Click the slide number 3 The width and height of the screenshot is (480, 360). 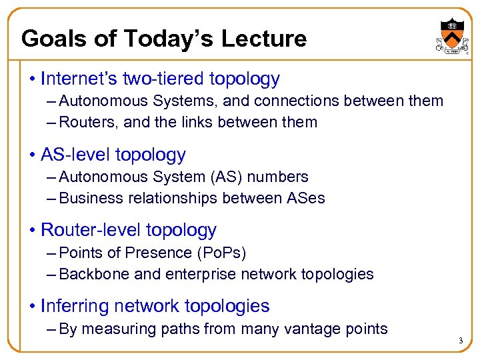tap(460, 341)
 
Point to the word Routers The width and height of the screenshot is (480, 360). tap(83, 122)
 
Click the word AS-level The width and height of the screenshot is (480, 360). tap(75, 155)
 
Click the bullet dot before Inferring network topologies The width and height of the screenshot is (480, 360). tap(32, 306)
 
